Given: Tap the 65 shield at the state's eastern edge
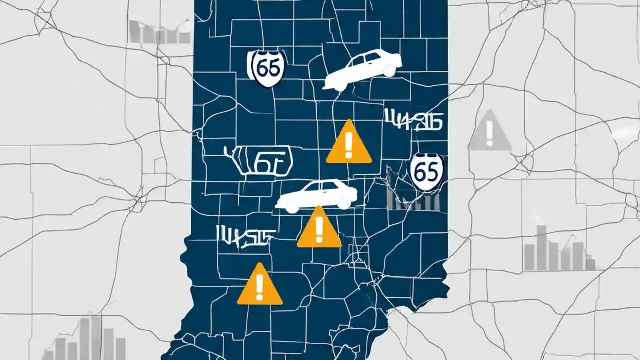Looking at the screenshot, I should (x=426, y=171).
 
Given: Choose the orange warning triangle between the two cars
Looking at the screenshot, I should (x=349, y=144).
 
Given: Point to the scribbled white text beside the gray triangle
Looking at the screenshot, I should (x=413, y=120).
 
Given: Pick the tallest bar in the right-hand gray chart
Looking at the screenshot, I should (x=541, y=247).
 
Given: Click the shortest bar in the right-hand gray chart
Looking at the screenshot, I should (x=590, y=264).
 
